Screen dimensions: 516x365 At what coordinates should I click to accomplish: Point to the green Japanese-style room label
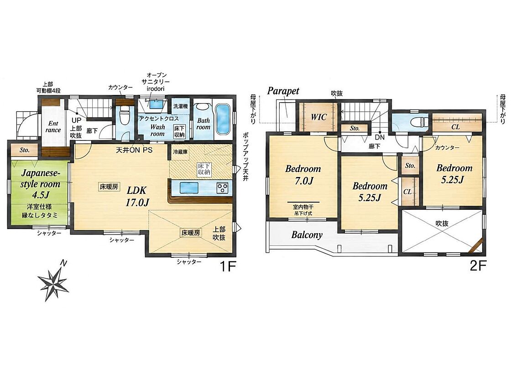tap(41, 184)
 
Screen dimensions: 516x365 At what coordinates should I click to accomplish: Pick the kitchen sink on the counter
tap(188, 188)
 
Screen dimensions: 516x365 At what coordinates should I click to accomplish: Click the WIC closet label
tap(318, 117)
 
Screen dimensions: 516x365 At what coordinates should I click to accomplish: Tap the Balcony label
tap(307, 235)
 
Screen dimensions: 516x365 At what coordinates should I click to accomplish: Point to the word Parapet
tap(283, 91)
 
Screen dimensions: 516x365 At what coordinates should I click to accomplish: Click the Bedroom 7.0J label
tap(303, 174)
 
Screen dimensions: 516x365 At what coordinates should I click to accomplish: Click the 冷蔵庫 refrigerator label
tap(180, 152)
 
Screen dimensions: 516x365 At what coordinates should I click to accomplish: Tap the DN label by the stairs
tap(380, 137)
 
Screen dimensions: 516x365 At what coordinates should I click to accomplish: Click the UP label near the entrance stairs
tap(76, 120)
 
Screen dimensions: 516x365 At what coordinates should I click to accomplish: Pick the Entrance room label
tap(53, 127)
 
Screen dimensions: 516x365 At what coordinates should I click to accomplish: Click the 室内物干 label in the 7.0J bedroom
tap(303, 208)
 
